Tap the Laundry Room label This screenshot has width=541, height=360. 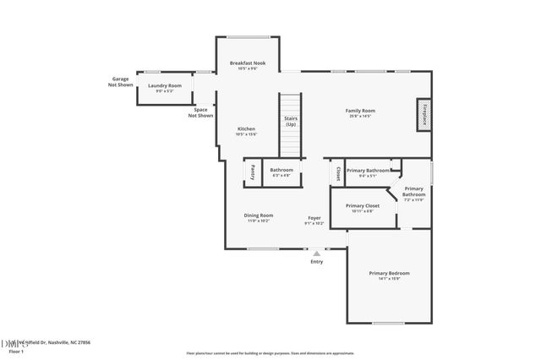point(165,85)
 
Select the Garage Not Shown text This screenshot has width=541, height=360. point(120,82)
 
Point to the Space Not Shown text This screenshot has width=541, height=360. point(201,112)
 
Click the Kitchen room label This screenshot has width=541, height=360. point(246,129)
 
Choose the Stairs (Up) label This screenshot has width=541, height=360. point(290,122)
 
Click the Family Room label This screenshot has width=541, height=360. point(360,111)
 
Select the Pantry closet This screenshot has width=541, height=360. point(252,172)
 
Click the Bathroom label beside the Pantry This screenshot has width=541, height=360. point(281,170)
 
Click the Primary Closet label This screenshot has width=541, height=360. point(363,205)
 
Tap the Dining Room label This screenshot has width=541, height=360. point(259,215)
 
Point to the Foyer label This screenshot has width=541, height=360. point(314,218)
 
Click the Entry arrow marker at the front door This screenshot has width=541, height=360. point(317,253)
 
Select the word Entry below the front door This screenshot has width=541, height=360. point(317,262)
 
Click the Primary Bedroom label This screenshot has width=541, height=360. point(389,273)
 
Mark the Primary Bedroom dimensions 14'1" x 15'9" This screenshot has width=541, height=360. point(389,279)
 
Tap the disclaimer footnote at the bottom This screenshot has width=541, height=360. point(270,352)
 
